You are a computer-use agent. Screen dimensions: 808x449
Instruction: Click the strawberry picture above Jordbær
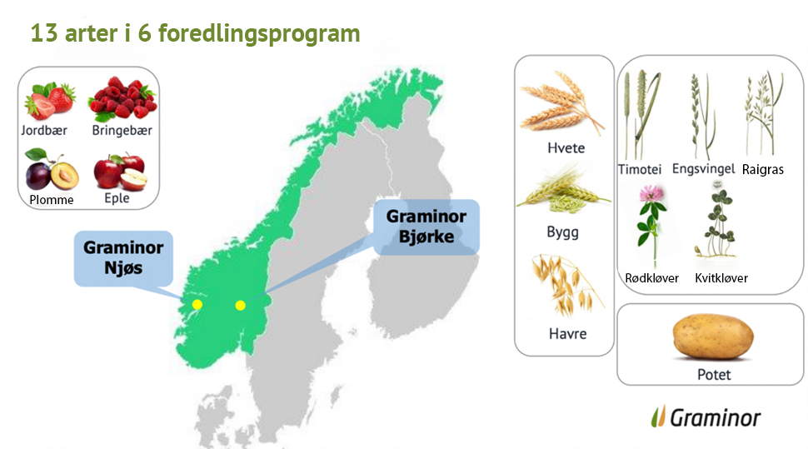50,100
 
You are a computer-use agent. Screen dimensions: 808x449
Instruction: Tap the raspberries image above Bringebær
122,98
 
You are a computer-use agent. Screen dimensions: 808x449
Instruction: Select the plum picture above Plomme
52,170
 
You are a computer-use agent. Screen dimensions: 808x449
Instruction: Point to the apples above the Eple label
121,172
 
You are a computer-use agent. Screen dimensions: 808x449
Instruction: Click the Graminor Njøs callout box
123,258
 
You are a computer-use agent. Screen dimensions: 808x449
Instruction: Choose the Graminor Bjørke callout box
426,227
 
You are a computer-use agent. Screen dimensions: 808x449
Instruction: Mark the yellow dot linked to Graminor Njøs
197,305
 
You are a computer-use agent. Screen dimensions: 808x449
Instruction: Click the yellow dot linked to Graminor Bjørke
240,306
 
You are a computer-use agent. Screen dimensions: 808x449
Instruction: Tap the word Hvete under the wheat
566,148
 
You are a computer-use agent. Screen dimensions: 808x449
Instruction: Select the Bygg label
563,232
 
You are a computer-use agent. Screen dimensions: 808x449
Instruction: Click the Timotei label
640,169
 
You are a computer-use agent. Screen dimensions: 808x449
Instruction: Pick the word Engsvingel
703,169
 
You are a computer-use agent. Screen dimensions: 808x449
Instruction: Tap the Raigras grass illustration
764,113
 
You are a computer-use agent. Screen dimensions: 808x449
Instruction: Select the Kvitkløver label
721,278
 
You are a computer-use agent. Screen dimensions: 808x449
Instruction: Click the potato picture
713,336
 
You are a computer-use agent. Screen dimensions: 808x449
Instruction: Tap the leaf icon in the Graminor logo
659,417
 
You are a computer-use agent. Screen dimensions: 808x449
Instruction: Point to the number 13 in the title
44,33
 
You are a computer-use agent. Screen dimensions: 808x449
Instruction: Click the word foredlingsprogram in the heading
259,34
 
